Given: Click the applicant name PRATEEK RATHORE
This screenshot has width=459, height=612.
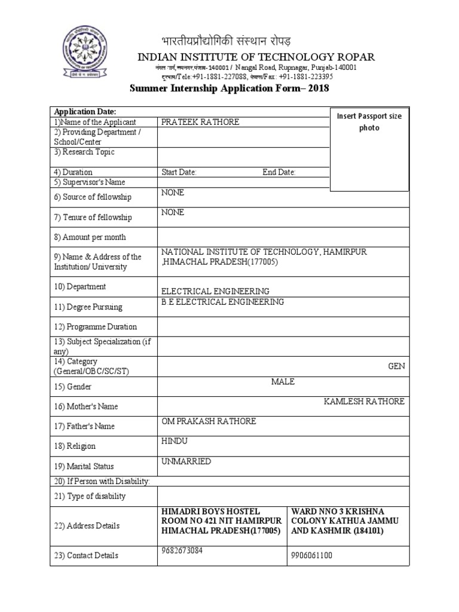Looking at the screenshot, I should pyautogui.click(x=200, y=122).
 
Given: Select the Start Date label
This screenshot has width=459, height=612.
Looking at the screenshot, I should pyautogui.click(x=179, y=172).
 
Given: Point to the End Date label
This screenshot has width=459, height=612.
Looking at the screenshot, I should pyautogui.click(x=279, y=172).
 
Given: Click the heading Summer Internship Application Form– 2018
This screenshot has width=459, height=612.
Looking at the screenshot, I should pyautogui.click(x=229, y=88).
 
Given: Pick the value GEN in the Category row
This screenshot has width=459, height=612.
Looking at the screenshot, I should pyautogui.click(x=396, y=366).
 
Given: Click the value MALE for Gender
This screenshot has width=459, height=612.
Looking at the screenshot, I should pyautogui.click(x=283, y=381).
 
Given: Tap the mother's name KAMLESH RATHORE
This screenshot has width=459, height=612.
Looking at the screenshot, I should pyautogui.click(x=364, y=401).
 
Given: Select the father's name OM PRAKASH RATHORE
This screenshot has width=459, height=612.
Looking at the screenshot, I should pyautogui.click(x=209, y=421).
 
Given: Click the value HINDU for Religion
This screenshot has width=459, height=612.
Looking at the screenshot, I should pyautogui.click(x=175, y=441).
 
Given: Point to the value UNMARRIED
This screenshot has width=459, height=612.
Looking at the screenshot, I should pyautogui.click(x=186, y=461).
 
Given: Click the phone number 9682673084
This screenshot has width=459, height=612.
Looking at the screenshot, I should pyautogui.click(x=182, y=550).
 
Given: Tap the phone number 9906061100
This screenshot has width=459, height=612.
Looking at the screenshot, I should pyautogui.click(x=312, y=555).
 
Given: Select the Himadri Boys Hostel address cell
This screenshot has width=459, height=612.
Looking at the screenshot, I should pyautogui.click(x=221, y=521).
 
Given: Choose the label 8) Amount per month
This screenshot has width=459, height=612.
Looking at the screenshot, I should pyautogui.click(x=90, y=237).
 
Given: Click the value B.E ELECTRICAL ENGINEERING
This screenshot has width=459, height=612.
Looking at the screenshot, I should pyautogui.click(x=222, y=302).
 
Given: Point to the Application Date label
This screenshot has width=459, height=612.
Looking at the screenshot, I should pyautogui.click(x=85, y=112).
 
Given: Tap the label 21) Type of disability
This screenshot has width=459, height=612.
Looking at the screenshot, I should pyautogui.click(x=90, y=496).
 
